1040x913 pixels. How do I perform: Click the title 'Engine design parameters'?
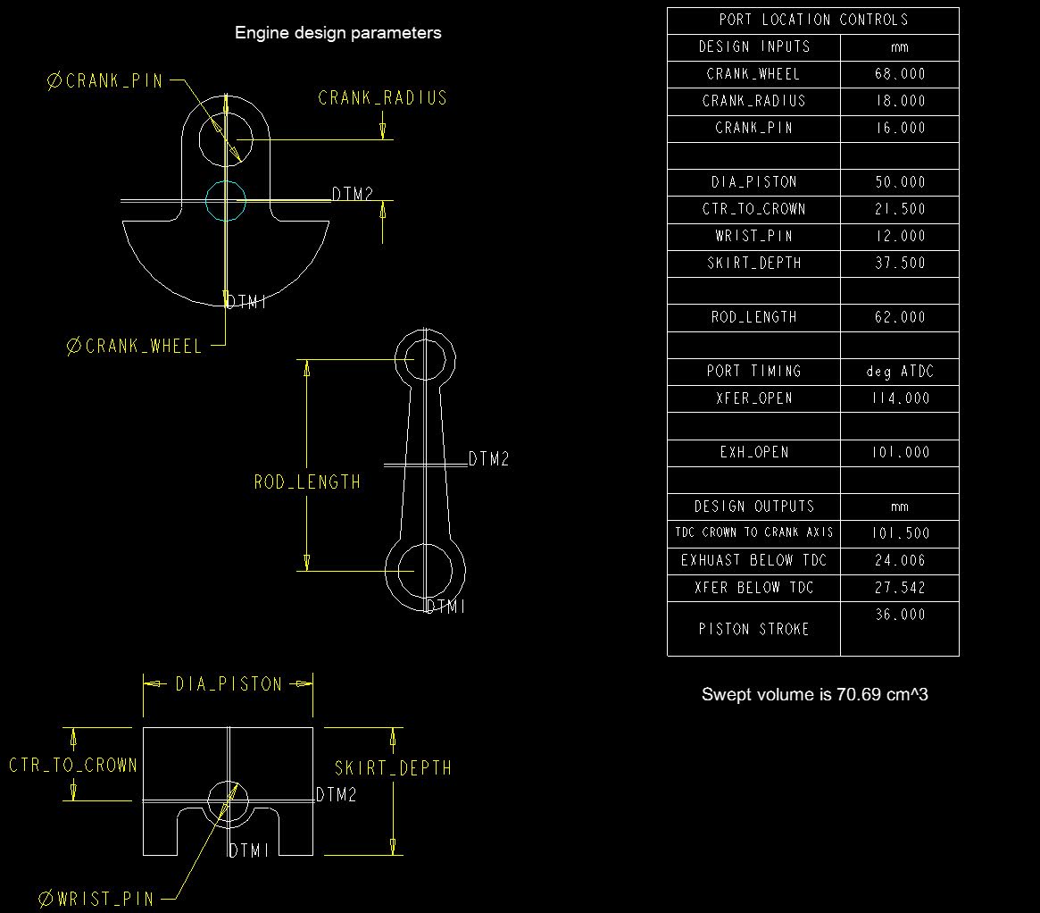pyautogui.click(x=337, y=33)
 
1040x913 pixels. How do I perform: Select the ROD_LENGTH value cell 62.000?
pyautogui.click(x=899, y=317)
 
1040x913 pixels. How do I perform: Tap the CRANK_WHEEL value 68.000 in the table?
pyautogui.click(x=899, y=74)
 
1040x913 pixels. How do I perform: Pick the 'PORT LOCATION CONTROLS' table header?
pyautogui.click(x=812, y=20)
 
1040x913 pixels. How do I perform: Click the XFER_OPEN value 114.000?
pyautogui.click(x=899, y=398)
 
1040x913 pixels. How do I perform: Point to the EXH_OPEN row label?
pyautogui.click(x=753, y=452)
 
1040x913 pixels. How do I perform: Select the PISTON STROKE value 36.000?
pyautogui.click(x=899, y=616)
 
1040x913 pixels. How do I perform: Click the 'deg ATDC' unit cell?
pyautogui.click(x=899, y=372)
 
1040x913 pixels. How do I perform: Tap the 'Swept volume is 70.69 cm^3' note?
pyautogui.click(x=814, y=694)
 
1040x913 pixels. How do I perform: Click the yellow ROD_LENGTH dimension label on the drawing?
pyautogui.click(x=307, y=482)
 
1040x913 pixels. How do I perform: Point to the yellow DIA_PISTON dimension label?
pyautogui.click(x=229, y=684)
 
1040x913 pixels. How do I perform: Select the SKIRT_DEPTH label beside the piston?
pyautogui.click(x=393, y=768)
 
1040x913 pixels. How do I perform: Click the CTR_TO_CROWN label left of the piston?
pyautogui.click(x=73, y=766)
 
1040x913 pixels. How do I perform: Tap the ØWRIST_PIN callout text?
pyautogui.click(x=97, y=899)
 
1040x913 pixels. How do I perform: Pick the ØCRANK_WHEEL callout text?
pyautogui.click(x=135, y=347)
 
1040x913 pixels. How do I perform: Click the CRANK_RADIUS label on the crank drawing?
pyautogui.click(x=382, y=98)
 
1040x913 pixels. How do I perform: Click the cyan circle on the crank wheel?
pyautogui.click(x=226, y=200)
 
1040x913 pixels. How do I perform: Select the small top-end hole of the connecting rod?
pyautogui.click(x=425, y=359)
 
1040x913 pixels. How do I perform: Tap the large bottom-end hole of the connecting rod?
pyautogui.click(x=425, y=571)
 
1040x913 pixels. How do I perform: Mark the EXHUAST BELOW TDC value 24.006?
pyautogui.click(x=899, y=561)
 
